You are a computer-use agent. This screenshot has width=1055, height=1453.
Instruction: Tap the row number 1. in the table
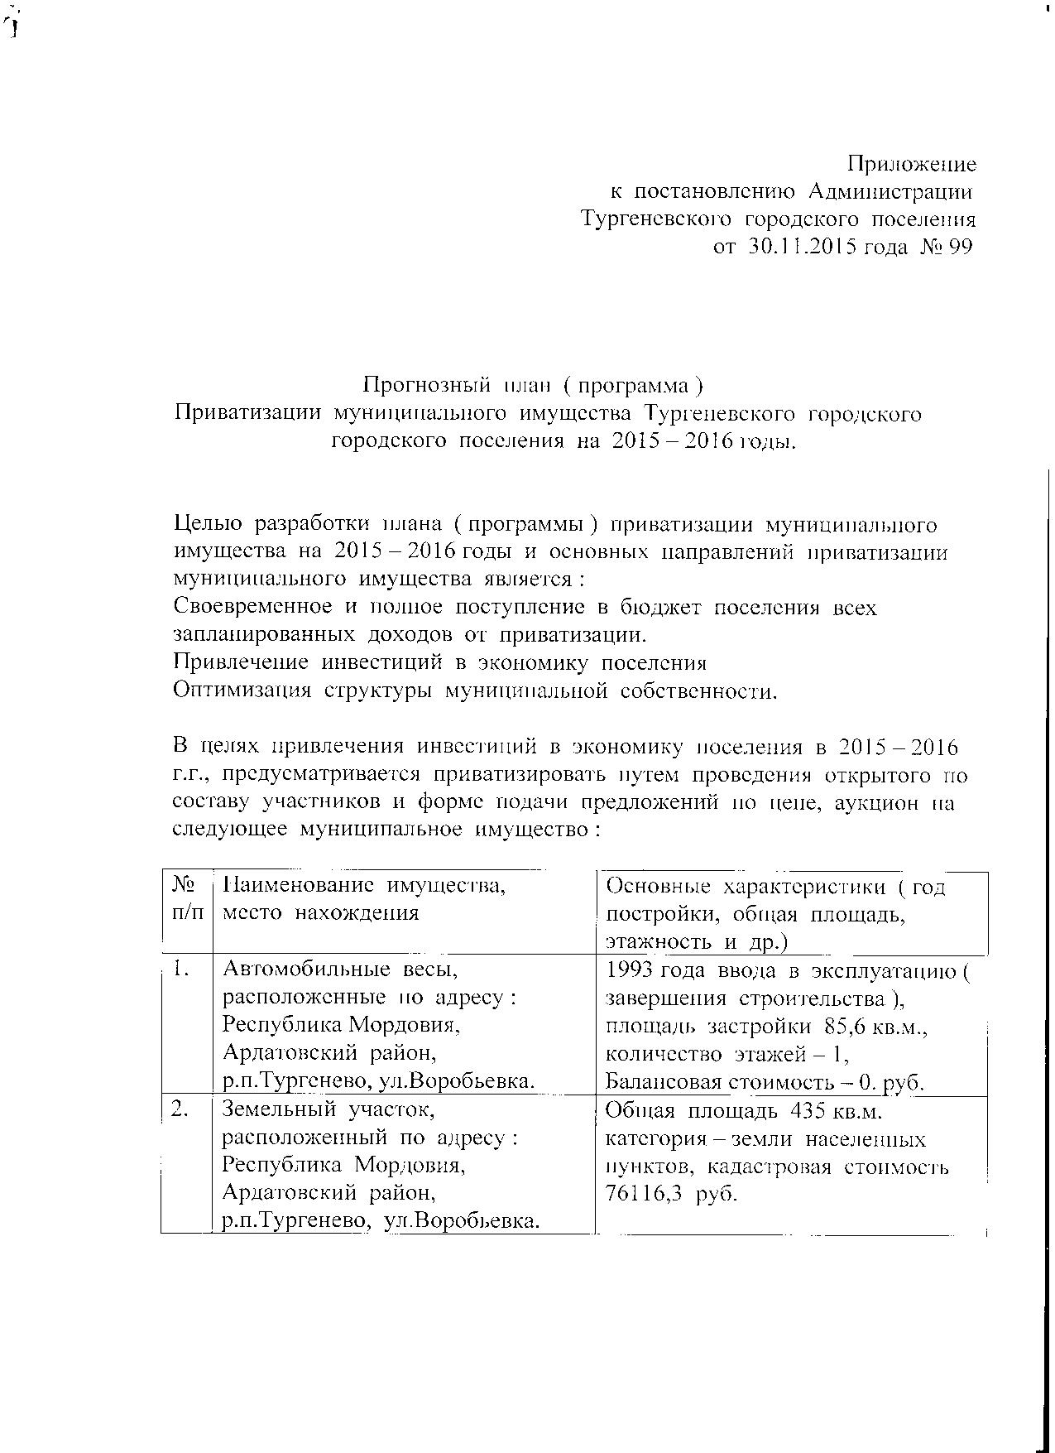coord(182,968)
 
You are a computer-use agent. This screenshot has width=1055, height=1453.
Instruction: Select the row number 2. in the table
coord(182,1109)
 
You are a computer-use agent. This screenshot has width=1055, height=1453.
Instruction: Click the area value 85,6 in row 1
coord(847,1027)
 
